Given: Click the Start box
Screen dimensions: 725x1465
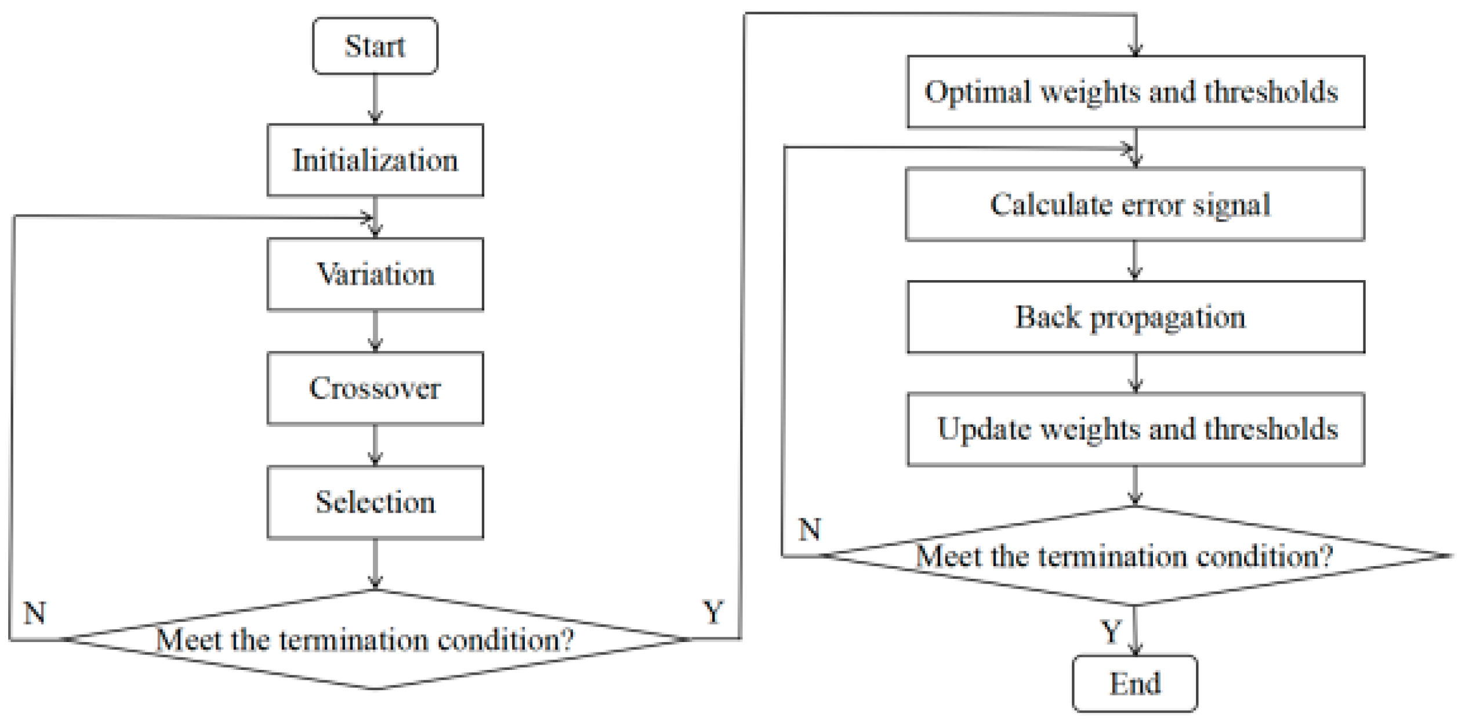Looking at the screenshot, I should [x=375, y=46].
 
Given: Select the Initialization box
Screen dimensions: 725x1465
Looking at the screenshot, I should [x=375, y=160].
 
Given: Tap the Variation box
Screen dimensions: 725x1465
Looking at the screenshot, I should [x=375, y=274].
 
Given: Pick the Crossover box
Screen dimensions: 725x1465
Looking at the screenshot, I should [x=375, y=388].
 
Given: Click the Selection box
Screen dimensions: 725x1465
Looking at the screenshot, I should [x=375, y=502].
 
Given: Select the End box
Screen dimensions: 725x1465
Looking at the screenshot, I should [x=1134, y=683].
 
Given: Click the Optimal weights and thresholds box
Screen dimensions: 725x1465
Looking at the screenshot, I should [x=1135, y=92].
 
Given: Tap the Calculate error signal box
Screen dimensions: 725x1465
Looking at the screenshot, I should [x=1135, y=204].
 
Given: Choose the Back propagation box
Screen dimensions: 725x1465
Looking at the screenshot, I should [x=1135, y=317].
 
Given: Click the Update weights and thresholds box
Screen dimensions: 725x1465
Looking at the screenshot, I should [x=1135, y=429].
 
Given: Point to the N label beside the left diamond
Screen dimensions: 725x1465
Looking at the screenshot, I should [x=35, y=612].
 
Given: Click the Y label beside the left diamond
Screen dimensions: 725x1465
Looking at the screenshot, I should [x=713, y=612].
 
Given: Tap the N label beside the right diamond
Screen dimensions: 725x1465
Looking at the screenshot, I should [x=810, y=529].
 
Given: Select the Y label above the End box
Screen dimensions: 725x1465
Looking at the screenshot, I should [x=1110, y=631].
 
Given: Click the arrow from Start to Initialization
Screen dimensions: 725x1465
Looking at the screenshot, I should [x=375, y=99].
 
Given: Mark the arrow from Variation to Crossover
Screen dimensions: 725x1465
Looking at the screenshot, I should [x=375, y=331].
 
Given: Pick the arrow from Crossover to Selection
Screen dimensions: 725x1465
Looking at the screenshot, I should [x=375, y=445].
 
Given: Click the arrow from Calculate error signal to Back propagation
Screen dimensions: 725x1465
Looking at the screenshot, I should [x=1135, y=260].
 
